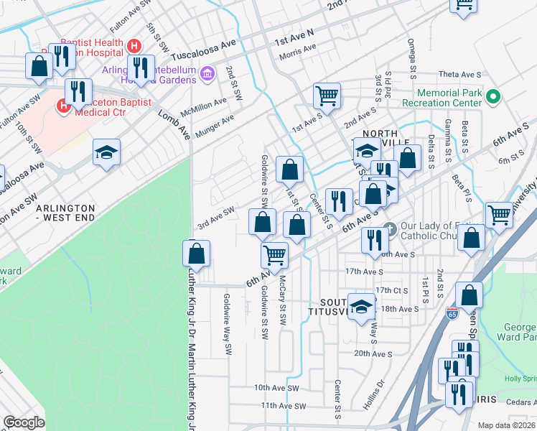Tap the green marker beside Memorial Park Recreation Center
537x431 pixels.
coord(493,96)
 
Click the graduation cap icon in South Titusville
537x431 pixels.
coord(362,305)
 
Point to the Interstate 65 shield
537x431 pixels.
coord(452,314)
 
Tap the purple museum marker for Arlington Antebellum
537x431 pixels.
coord(207,73)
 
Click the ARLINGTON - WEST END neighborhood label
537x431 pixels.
coord(66,212)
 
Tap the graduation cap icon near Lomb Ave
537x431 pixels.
coord(106,152)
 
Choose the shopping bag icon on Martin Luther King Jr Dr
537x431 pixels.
coord(196,253)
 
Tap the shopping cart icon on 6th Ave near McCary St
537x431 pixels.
coord(274,254)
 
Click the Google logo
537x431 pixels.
coord(24,422)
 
